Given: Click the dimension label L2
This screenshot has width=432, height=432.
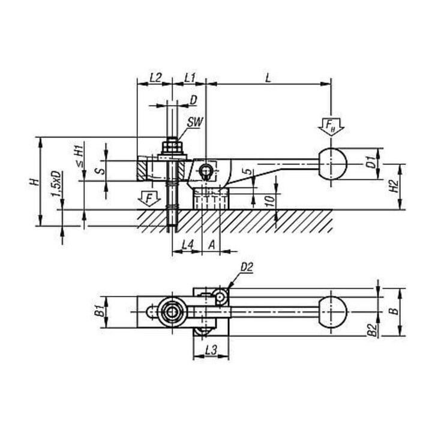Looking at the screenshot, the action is (x=155, y=77).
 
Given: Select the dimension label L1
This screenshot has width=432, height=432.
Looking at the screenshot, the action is (x=190, y=77).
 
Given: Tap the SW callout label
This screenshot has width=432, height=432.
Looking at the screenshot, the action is (x=195, y=122).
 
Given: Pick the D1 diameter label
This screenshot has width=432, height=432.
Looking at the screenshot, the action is (x=371, y=162).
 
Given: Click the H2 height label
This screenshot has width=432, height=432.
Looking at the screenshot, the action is (x=395, y=186).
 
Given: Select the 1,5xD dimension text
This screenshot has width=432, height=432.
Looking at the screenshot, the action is (x=56, y=184).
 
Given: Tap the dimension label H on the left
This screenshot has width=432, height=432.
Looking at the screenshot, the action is (x=34, y=182).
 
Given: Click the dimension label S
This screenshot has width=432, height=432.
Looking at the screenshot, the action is (x=101, y=171).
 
